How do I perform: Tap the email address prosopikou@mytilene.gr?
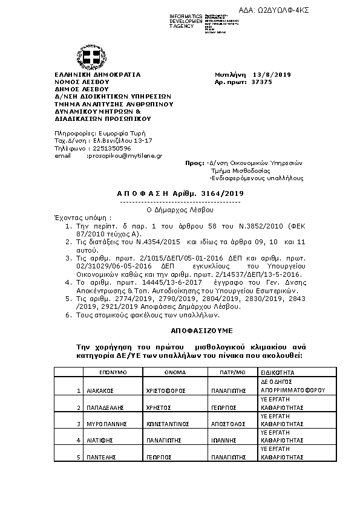[124, 155]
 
